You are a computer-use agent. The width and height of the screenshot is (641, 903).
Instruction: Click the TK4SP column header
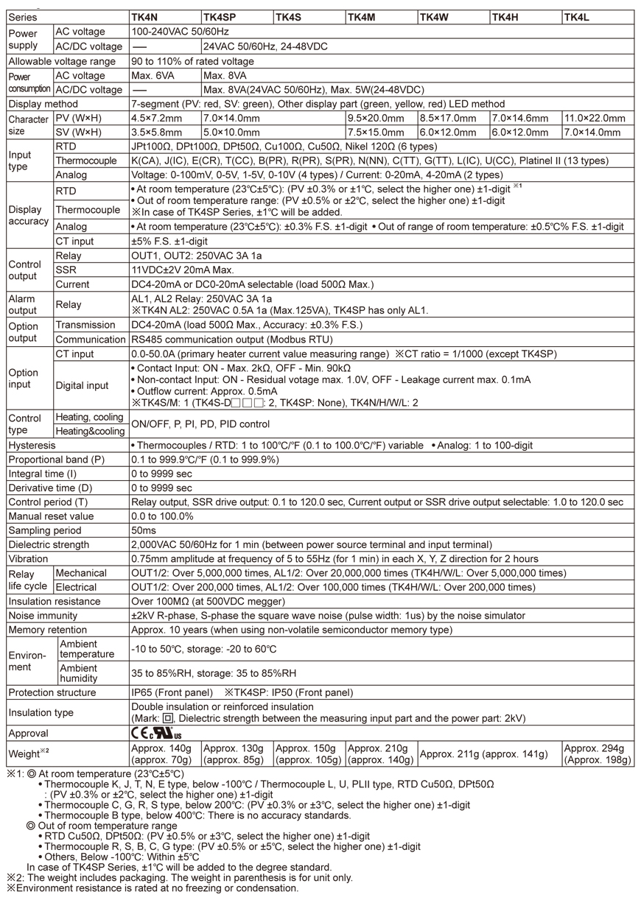tap(220, 17)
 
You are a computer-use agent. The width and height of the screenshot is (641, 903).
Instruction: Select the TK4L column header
tap(577, 17)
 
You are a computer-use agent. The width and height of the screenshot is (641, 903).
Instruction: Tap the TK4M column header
tap(362, 17)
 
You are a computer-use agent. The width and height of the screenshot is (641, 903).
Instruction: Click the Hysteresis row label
tap(32, 445)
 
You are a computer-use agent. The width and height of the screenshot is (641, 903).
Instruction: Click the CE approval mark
tap(140, 733)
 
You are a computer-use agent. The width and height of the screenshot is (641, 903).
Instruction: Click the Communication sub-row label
tap(91, 340)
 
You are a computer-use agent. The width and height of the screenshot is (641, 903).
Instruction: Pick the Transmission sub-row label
tap(85, 325)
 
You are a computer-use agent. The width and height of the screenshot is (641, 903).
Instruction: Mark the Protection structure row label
tap(52, 692)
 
